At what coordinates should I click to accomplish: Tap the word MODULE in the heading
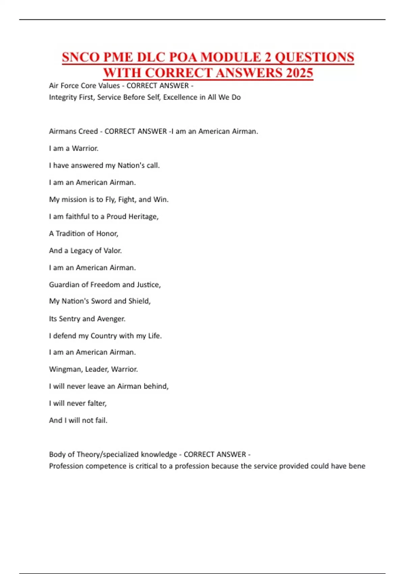[x=233, y=57]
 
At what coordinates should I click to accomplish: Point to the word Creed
[x=87, y=131]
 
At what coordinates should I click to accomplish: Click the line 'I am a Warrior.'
[x=74, y=148]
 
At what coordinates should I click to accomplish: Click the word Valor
[x=112, y=251]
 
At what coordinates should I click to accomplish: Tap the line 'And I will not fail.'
[x=78, y=420]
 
